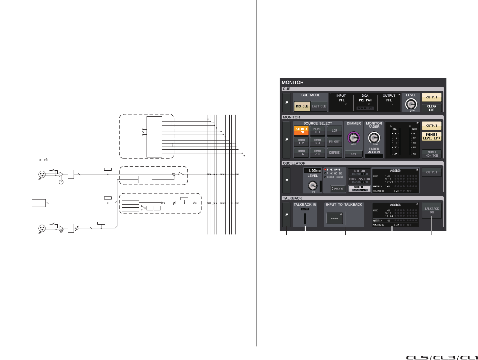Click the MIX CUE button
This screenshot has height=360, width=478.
click(x=302, y=106)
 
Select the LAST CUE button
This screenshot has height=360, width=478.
click(x=319, y=106)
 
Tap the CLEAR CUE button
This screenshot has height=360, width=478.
click(x=432, y=108)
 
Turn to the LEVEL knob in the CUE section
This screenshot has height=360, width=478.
click(x=411, y=104)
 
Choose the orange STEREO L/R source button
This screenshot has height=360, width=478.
click(x=301, y=131)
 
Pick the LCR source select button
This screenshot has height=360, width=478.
click(x=334, y=131)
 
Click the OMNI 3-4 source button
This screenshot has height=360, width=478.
click(x=318, y=141)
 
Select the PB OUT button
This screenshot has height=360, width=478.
click(x=334, y=141)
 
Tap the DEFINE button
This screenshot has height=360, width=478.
click(x=334, y=153)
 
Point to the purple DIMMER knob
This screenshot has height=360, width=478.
click(x=353, y=137)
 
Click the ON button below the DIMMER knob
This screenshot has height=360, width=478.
click(x=353, y=154)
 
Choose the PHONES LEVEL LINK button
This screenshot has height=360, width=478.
click(x=432, y=136)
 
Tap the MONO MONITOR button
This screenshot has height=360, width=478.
click(x=432, y=154)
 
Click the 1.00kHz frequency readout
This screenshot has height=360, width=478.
click(x=312, y=171)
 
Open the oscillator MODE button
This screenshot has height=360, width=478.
click(x=338, y=189)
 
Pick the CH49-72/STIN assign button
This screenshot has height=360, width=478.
click(x=359, y=180)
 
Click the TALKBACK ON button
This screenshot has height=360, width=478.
click(x=432, y=210)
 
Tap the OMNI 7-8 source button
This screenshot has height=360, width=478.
click(x=318, y=153)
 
